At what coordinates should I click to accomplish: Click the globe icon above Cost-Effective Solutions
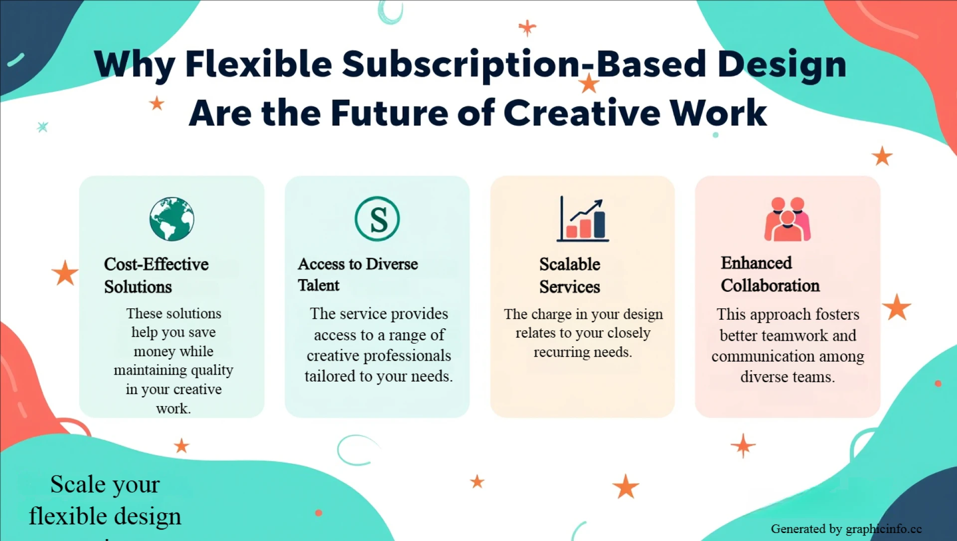click(172, 219)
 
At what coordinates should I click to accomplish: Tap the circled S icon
click(377, 219)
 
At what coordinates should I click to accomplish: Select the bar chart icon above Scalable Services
click(583, 219)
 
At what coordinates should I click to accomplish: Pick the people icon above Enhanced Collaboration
click(788, 219)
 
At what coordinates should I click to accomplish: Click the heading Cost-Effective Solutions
click(156, 275)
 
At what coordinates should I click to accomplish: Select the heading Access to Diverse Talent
click(357, 274)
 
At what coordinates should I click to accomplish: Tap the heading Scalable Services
click(570, 275)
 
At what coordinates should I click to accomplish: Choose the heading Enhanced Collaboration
click(770, 274)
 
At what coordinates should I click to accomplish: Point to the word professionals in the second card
click(413, 356)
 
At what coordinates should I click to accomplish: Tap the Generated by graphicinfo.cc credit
click(846, 529)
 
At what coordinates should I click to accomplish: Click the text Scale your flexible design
click(105, 500)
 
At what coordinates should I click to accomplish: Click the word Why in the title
click(134, 65)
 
